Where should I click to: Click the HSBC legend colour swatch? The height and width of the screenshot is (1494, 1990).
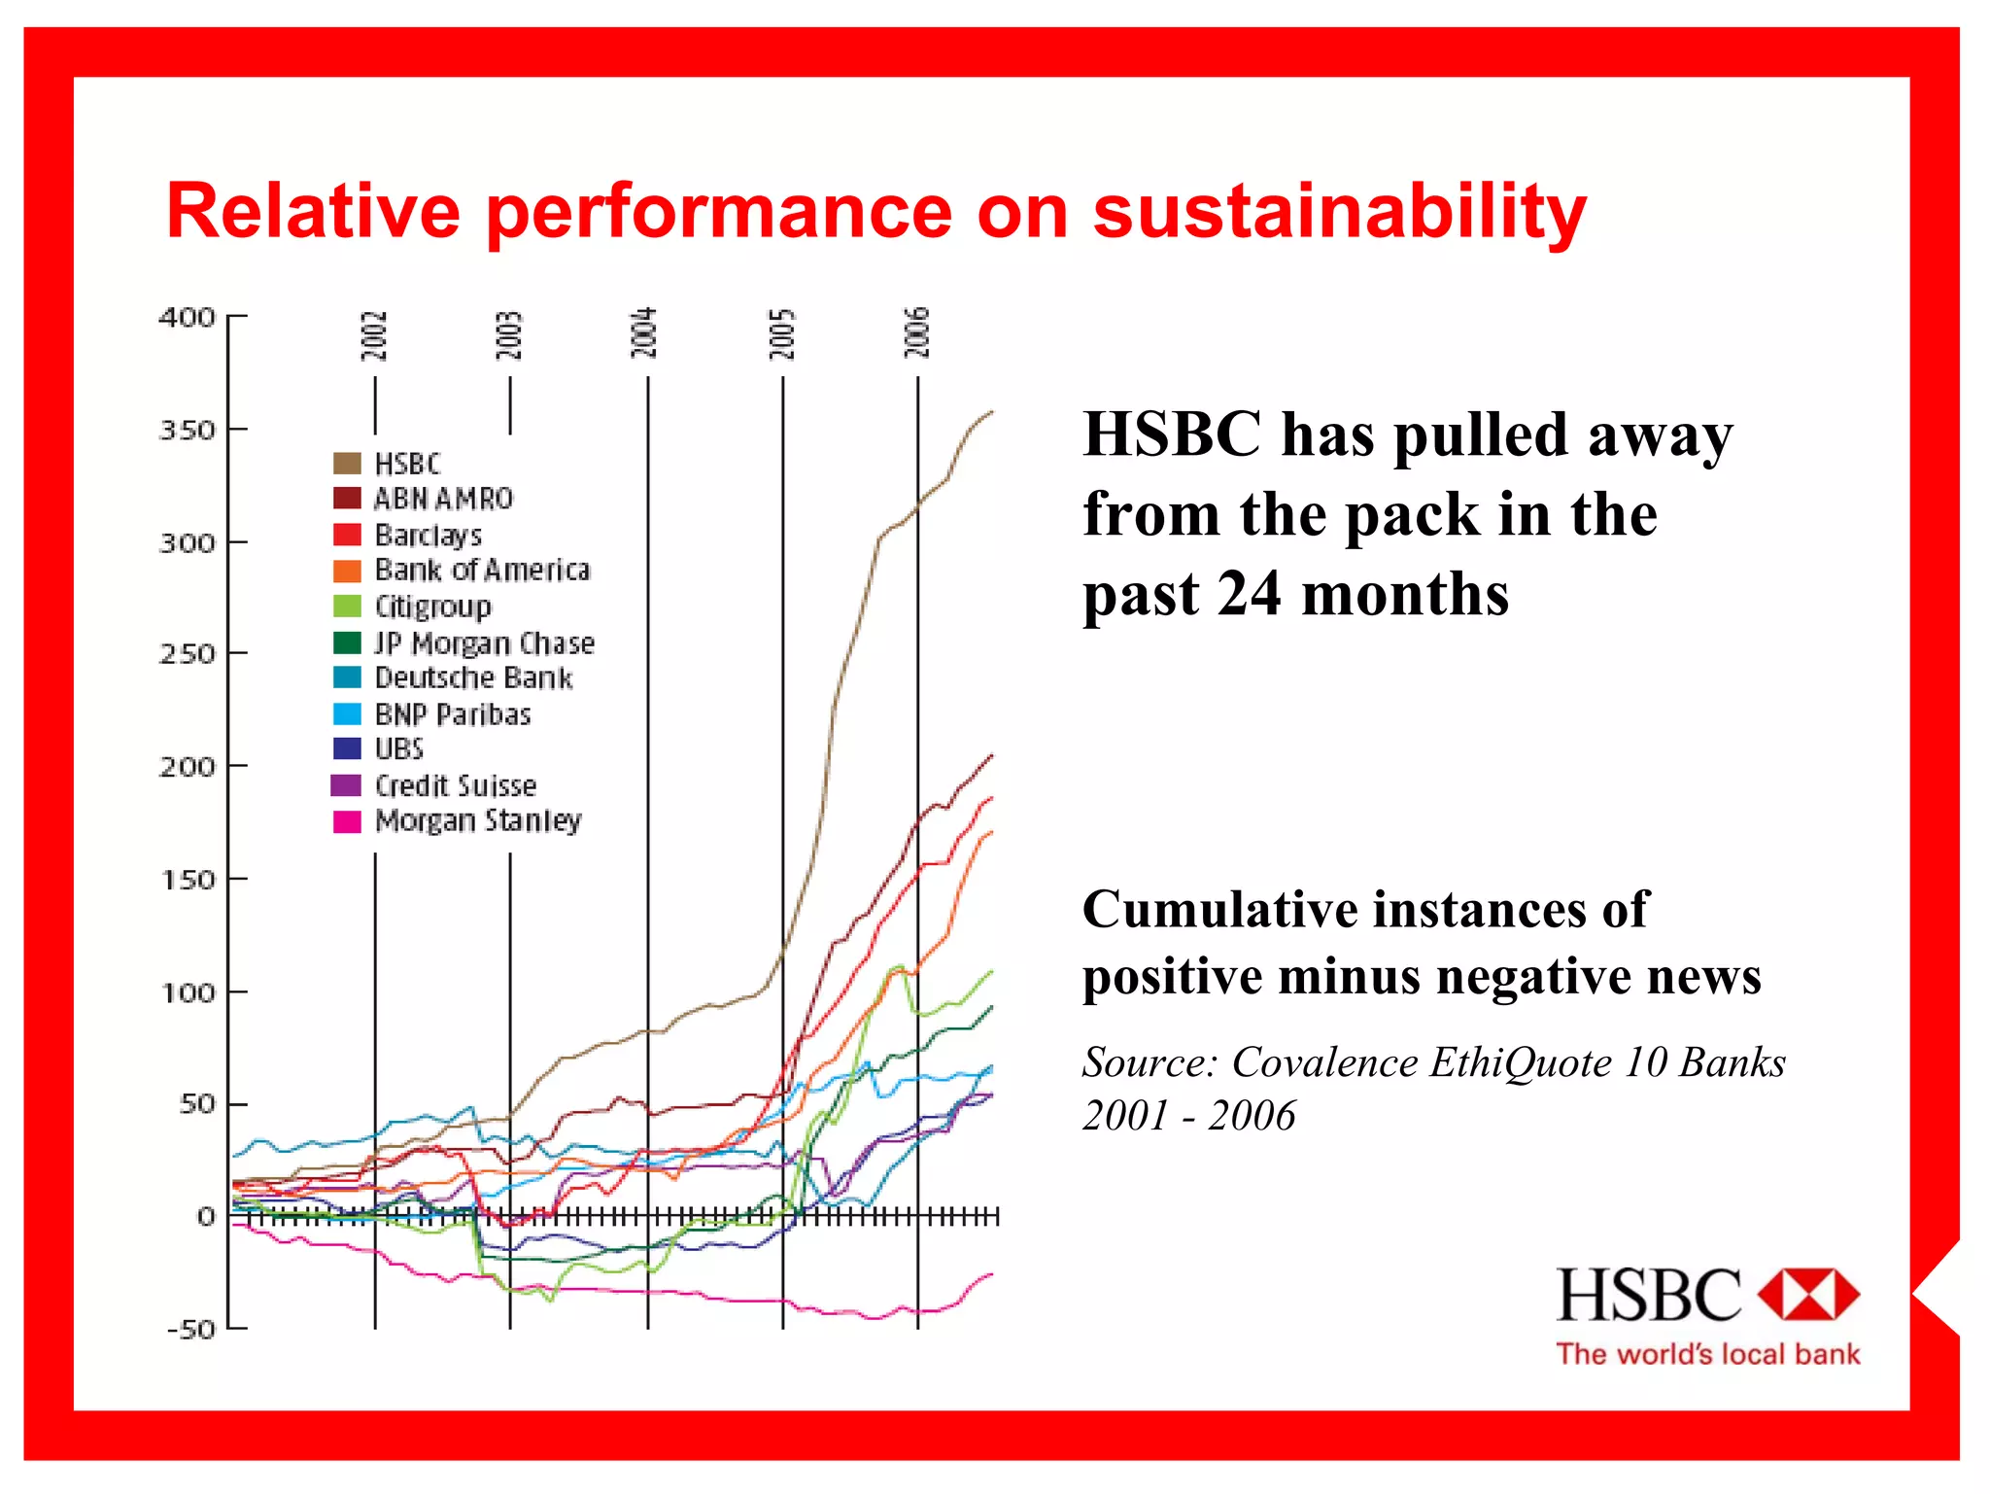click(x=347, y=464)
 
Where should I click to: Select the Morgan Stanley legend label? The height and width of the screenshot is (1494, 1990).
click(x=478, y=821)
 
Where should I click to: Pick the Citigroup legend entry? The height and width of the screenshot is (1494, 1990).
click(x=432, y=607)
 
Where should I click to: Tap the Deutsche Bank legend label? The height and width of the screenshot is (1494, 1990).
click(x=473, y=678)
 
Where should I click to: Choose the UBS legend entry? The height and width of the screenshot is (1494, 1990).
click(x=398, y=749)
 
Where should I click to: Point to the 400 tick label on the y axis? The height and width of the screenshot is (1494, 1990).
click(x=187, y=318)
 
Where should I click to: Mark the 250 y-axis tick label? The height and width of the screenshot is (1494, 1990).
click(x=187, y=654)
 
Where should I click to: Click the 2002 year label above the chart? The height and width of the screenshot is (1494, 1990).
click(x=374, y=335)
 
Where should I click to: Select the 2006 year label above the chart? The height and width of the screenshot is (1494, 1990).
click(x=916, y=332)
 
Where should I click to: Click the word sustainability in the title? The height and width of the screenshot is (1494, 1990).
click(x=1339, y=212)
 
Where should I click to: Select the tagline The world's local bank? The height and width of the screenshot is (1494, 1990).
click(x=1707, y=1354)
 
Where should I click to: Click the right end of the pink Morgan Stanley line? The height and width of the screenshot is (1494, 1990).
click(x=992, y=1273)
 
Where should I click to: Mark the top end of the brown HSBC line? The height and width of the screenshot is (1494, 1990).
click(x=992, y=412)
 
